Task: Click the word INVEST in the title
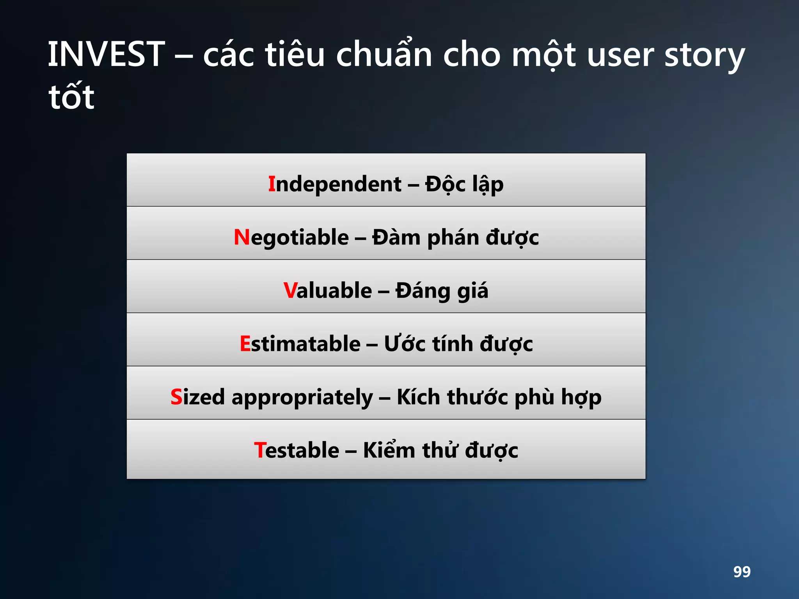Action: point(106,55)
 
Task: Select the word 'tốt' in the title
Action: point(71,97)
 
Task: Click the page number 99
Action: point(742,572)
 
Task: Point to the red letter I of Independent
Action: point(272,184)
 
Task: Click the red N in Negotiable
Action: point(241,237)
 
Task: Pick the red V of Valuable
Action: point(290,291)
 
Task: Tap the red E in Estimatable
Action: point(245,344)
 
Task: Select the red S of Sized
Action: point(176,397)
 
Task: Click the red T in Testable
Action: point(260,450)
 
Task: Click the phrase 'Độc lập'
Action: point(464,184)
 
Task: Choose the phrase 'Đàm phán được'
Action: point(455,237)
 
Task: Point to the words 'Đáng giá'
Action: point(442,291)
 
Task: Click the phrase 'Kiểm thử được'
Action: point(440,450)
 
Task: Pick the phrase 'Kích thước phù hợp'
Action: point(499,397)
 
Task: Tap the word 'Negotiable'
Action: point(291,237)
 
